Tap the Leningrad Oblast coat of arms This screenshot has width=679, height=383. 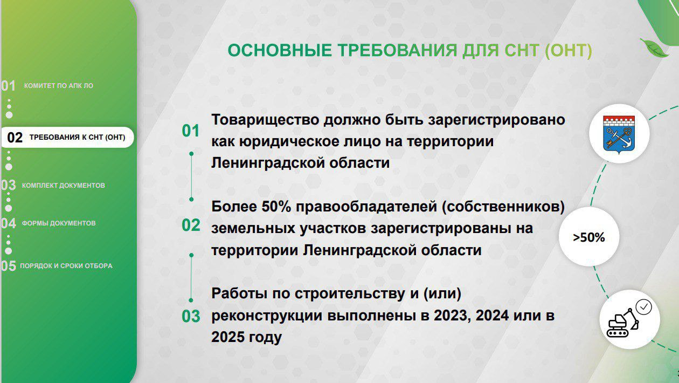click(x=619, y=134)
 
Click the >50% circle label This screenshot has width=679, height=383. click(x=588, y=237)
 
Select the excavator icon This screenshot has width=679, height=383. click(x=622, y=323)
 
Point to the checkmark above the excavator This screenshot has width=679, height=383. click(x=644, y=307)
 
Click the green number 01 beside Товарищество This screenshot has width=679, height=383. click(x=191, y=131)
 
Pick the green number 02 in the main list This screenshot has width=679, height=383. click(x=191, y=225)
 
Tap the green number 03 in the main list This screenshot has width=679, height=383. click(x=191, y=316)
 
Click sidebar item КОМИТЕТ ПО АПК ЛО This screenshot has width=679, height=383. click(x=59, y=86)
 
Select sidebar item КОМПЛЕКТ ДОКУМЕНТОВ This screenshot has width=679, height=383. click(x=64, y=186)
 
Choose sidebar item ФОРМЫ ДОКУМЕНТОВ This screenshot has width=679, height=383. click(x=59, y=223)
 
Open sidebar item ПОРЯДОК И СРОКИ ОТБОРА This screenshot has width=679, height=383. click(x=66, y=266)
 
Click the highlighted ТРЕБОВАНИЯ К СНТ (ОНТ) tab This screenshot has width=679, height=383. click(x=67, y=138)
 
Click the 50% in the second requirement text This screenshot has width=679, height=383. click(x=276, y=207)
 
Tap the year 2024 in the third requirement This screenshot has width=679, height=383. click(x=492, y=316)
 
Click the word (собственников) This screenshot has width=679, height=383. click(x=503, y=207)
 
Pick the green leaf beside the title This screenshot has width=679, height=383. click(x=654, y=48)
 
